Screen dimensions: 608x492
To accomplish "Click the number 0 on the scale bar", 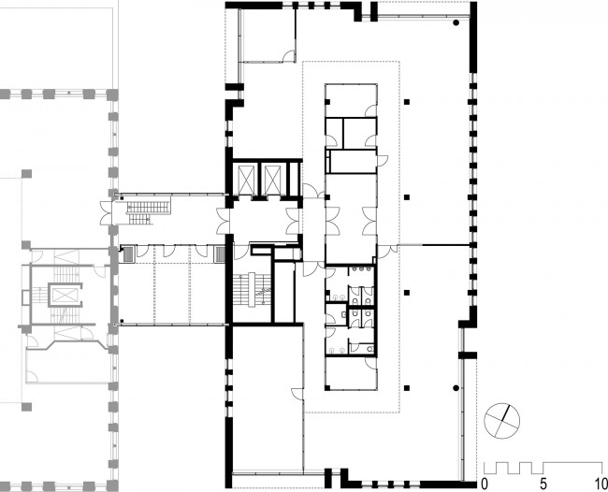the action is point(485,484).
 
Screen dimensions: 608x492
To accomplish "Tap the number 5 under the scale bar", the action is point(543,484).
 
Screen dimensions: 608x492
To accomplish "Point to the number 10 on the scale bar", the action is point(601,484).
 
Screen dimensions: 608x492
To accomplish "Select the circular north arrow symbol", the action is point(502,421).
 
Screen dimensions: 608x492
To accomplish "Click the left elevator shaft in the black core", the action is point(247,180).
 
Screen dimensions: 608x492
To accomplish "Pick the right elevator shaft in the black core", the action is point(272,180).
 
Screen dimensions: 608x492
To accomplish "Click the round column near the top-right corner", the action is point(456,22).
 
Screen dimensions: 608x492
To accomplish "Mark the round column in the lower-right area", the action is point(456,387).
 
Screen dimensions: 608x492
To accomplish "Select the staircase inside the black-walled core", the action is point(252,290).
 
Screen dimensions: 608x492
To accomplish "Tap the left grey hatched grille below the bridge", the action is point(128,254).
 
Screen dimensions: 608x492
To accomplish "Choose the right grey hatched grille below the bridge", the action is point(220,254).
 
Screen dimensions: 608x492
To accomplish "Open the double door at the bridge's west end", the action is point(107,213).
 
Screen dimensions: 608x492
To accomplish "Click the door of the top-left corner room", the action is point(288,56).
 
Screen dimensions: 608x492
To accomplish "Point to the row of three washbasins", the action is point(361,268).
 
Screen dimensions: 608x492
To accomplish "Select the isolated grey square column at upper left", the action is point(26,173).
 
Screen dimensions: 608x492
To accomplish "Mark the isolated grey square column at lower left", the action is point(26,407).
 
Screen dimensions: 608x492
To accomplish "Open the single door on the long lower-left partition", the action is point(297,394).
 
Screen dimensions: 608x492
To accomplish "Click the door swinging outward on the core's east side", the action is point(383,159).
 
